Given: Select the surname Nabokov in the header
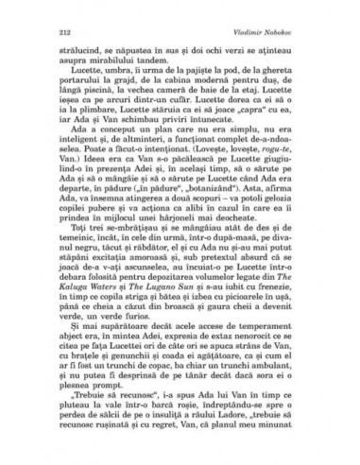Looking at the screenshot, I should click(297, 31).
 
